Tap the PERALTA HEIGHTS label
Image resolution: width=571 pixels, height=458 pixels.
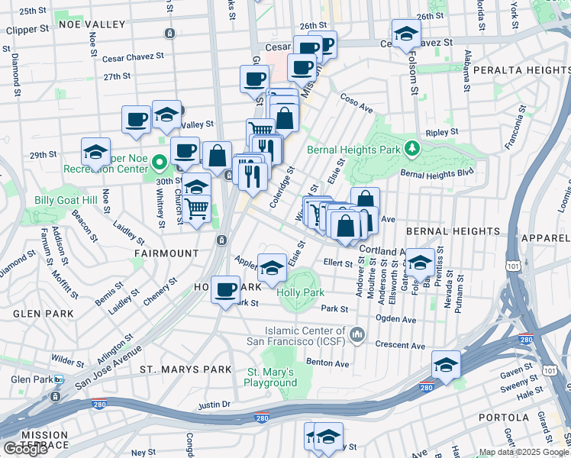tap(521, 69)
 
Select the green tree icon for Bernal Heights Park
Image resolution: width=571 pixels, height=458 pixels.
tap(412, 147)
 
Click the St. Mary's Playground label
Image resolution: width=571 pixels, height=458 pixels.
tap(271, 377)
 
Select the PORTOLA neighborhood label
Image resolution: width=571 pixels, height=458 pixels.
tap(503, 418)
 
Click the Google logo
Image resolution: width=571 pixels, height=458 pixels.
tap(26, 448)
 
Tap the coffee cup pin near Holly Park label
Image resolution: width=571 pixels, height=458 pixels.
tap(225, 290)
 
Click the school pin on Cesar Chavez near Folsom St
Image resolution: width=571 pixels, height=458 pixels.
tap(406, 34)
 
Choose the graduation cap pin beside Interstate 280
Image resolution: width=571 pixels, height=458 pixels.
tap(446, 365)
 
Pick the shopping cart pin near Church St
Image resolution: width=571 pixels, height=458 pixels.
tap(197, 208)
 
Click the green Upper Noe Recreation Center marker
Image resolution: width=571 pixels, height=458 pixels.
tap(160, 163)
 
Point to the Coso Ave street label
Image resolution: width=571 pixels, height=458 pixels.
tap(356, 105)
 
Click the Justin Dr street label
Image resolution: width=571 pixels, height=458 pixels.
tap(214, 405)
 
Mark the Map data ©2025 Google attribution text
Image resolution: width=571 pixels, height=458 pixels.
tap(524, 452)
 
